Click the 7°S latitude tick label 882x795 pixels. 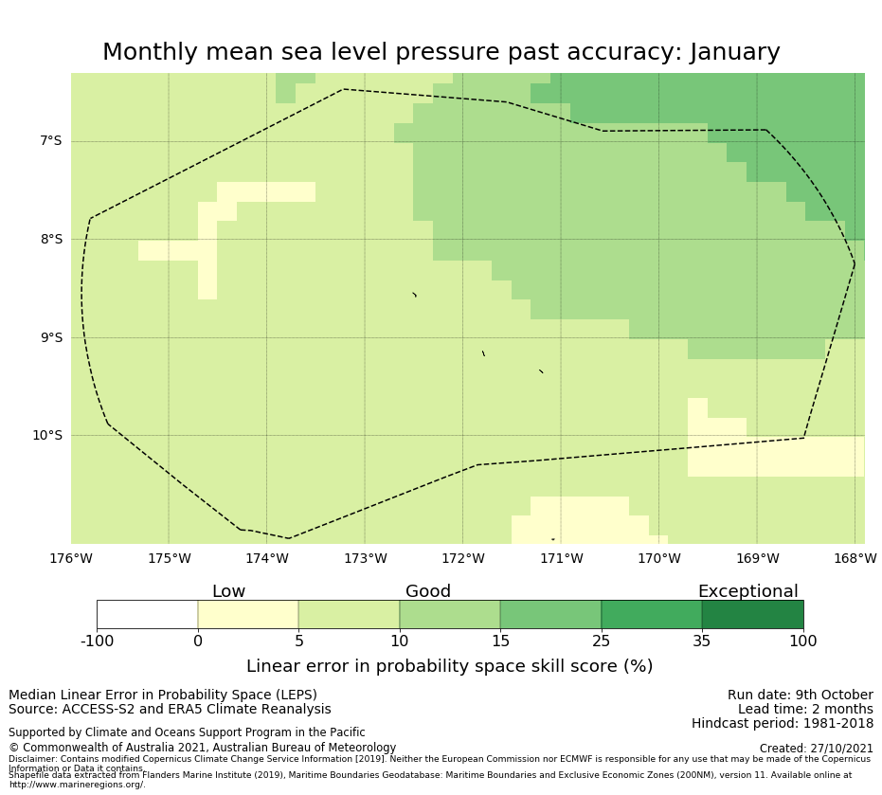pos(49,141)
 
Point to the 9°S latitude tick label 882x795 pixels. pos(49,337)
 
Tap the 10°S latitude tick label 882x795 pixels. pos(46,436)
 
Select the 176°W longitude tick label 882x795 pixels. pos(71,559)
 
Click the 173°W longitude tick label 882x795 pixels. pos(365,559)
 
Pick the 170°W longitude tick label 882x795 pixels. pos(658,559)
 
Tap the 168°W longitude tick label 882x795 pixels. pos(855,559)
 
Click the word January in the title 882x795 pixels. pos(724,53)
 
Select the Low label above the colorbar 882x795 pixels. pos(228,591)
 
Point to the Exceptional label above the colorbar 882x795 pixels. pos(747,591)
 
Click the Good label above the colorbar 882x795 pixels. pos(428,591)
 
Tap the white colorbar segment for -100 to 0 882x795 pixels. pos(147,614)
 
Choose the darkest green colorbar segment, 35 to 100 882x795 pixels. pos(752,614)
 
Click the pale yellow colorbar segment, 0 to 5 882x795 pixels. pos(248,614)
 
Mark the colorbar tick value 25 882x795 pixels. pos(601,641)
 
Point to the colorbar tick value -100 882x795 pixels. pos(97,641)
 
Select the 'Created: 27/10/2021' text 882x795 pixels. pos(816,749)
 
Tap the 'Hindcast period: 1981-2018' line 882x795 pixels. pos(783,724)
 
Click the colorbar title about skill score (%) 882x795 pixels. pos(449,666)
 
